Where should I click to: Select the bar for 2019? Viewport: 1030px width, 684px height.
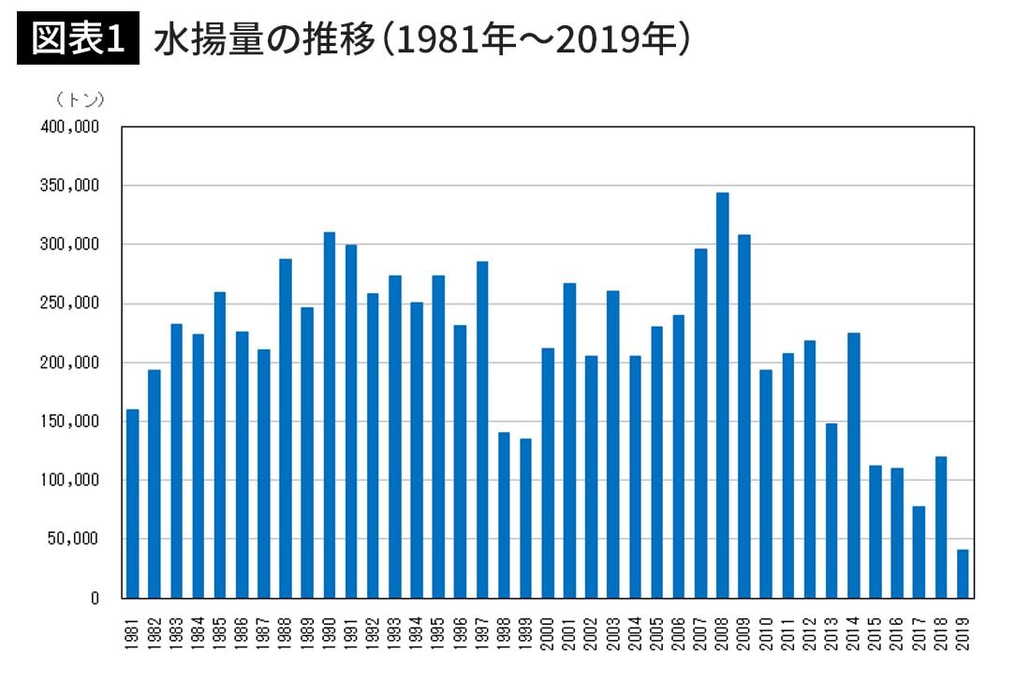coord(962,573)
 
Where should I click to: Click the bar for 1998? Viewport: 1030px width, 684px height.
coord(504,514)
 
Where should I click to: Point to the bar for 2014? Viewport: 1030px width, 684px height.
coord(853,465)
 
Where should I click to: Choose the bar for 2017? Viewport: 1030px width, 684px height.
coord(919,552)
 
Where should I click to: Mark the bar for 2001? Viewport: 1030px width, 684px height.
coord(569,440)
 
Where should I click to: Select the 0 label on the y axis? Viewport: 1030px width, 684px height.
coord(96,598)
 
